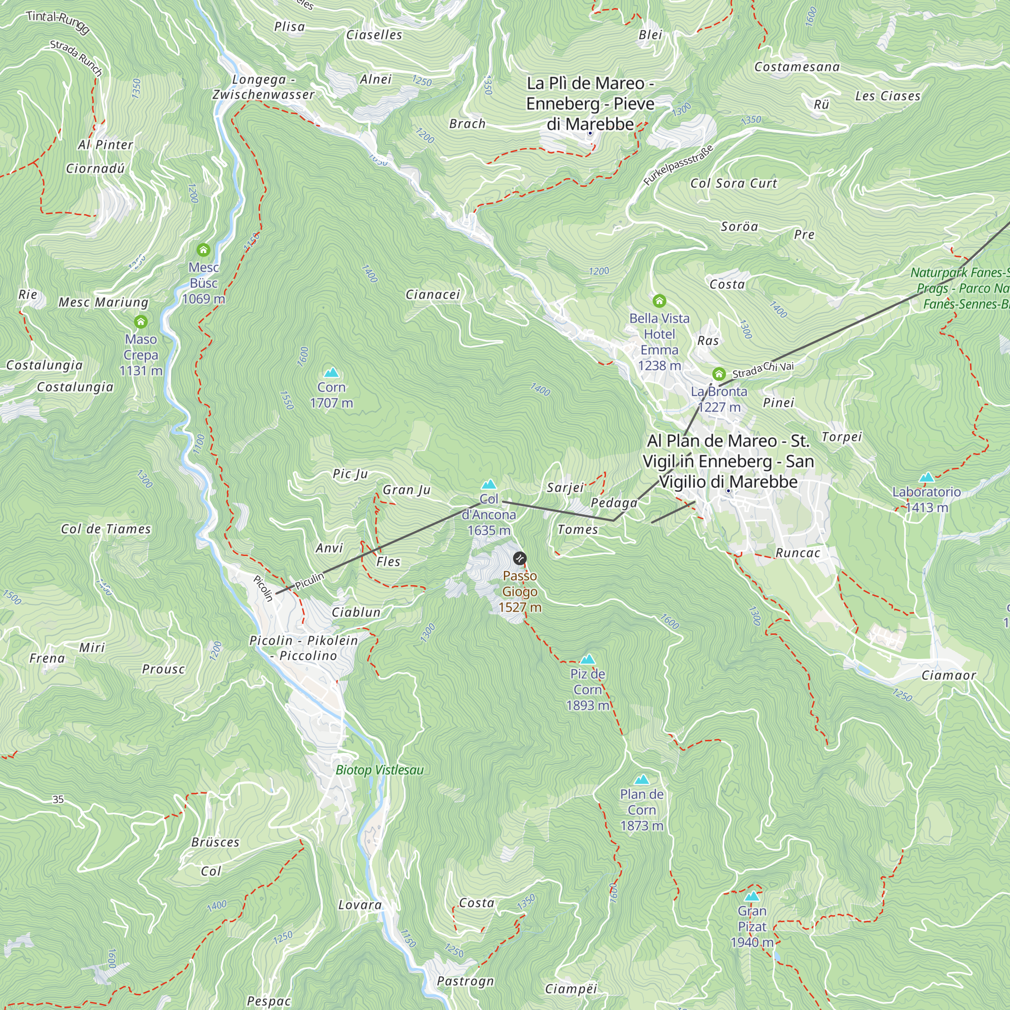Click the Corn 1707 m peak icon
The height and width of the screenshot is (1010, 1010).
(331, 373)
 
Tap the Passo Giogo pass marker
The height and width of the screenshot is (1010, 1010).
(519, 559)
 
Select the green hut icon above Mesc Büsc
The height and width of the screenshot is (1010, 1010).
(204, 250)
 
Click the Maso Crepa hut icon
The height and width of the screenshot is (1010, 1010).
(140, 322)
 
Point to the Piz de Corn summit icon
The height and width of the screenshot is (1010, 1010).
(588, 659)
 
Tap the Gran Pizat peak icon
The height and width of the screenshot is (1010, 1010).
(752, 896)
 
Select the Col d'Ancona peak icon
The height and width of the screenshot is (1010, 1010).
(489, 485)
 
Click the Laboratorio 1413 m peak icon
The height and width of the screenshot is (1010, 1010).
(926, 477)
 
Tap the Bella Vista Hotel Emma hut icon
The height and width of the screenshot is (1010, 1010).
(659, 300)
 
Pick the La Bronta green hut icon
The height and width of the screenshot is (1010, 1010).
(719, 374)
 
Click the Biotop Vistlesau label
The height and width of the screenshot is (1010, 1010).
(380, 770)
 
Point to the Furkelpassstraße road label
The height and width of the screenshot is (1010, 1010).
(678, 165)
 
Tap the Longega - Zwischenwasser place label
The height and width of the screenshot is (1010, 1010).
(264, 87)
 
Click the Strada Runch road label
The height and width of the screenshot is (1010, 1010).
(76, 58)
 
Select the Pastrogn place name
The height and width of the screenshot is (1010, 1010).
(465, 981)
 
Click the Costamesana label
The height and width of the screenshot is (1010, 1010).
(797, 67)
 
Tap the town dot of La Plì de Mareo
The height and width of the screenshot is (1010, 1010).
(590, 133)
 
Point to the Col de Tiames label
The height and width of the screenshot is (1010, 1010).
(106, 529)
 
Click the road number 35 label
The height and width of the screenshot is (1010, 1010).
(58, 799)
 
